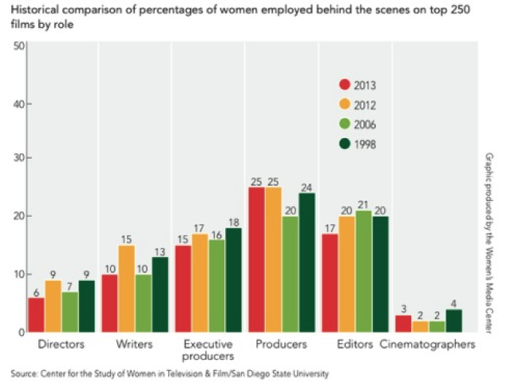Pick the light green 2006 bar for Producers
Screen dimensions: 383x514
pos(290,274)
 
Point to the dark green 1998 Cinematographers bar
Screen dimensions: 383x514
pos(454,321)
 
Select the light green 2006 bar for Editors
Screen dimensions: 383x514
pos(363,271)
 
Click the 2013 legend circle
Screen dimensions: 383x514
pos(345,85)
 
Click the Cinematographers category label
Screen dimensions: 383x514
pos(428,345)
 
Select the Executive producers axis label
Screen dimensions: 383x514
pos(208,350)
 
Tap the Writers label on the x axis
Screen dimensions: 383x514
pos(135,345)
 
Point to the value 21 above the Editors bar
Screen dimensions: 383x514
pos(363,204)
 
